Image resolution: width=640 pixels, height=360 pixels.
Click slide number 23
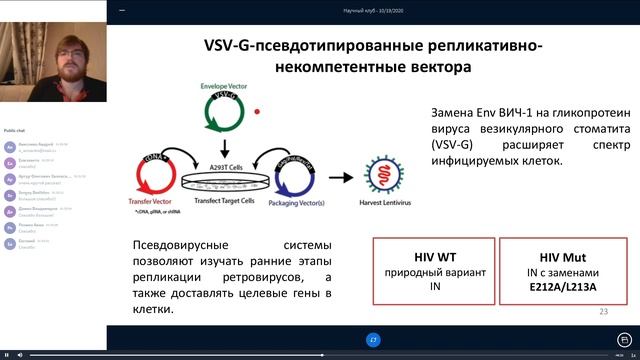(x=603, y=312)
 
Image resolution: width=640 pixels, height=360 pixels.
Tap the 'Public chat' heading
(x=15, y=131)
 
